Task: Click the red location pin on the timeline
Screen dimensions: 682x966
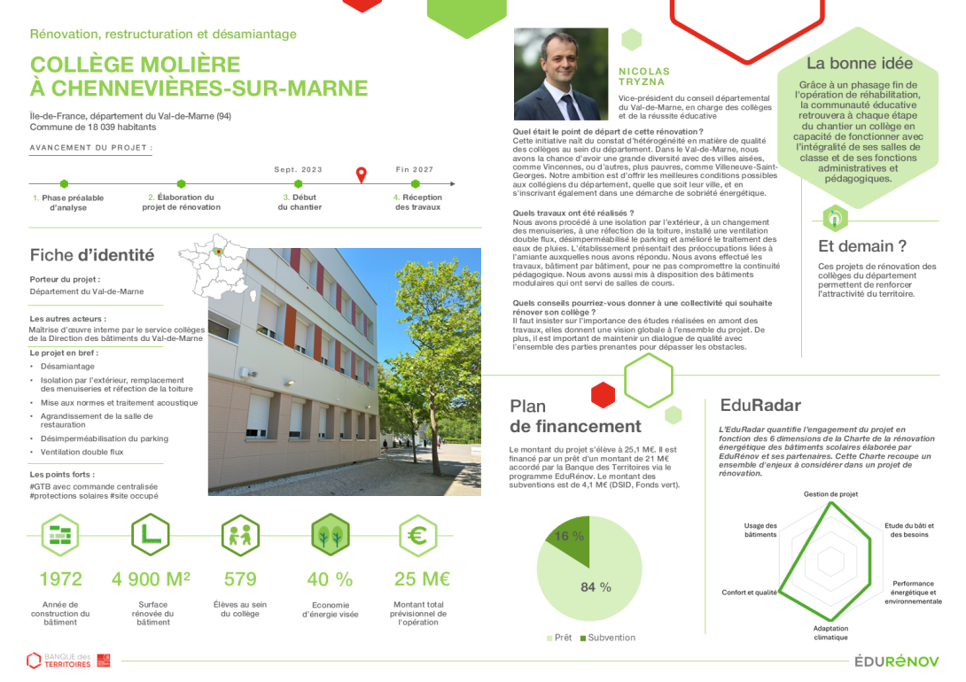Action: (x=361, y=174)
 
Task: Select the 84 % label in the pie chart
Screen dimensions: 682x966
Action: (x=596, y=586)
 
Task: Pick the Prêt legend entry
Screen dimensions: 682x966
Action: (x=558, y=638)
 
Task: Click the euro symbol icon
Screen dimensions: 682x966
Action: (x=417, y=535)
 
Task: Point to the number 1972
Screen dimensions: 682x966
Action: (x=61, y=579)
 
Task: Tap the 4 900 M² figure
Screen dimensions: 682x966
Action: (x=151, y=579)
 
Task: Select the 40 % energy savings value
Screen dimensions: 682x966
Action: (x=330, y=579)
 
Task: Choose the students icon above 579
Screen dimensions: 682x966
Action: (x=240, y=535)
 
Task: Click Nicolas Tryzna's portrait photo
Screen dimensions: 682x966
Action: (x=561, y=74)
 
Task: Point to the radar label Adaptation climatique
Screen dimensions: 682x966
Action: (x=830, y=632)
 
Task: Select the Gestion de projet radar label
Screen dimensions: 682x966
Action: (x=830, y=493)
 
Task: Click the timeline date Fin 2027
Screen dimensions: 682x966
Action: (x=415, y=169)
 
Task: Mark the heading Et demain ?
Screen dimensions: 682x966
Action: (x=862, y=246)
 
